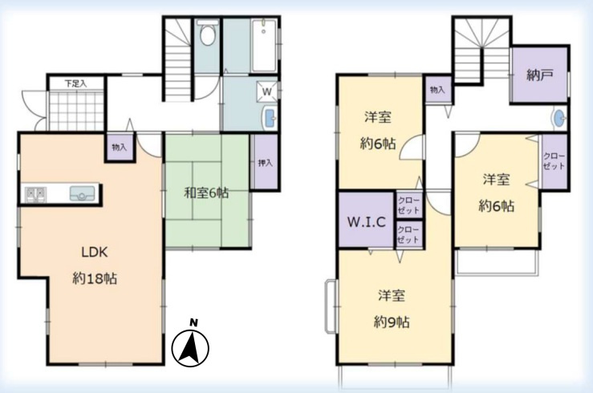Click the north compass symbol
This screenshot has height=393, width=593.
coord(191,346)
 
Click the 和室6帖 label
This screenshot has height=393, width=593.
coord(205,192)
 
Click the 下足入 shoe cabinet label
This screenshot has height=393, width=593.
coord(75,82)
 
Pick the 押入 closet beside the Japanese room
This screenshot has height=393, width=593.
coord(265,163)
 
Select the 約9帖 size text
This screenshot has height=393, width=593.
coord(392,322)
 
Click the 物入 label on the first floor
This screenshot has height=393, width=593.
coord(119,148)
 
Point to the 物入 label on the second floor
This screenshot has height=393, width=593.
coord(437,90)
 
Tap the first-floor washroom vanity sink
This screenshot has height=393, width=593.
coord(268,120)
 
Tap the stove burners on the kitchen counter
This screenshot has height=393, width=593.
coord(35,193)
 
